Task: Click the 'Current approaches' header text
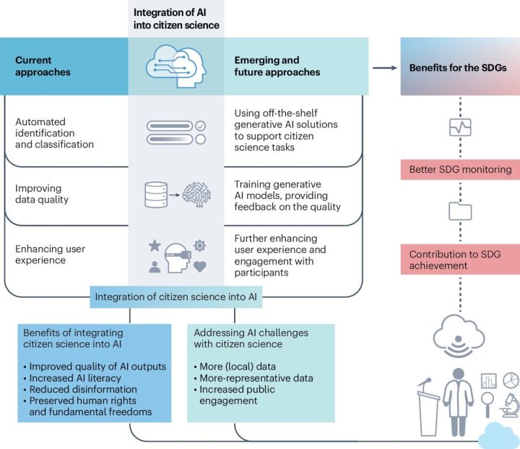click(x=43, y=66)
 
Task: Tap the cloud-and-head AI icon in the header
click(x=176, y=67)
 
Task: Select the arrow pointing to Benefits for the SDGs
click(x=385, y=68)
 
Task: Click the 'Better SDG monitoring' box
click(x=460, y=169)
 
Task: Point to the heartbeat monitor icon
click(x=460, y=127)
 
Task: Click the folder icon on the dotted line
click(x=460, y=211)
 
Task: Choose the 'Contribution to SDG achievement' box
click(x=460, y=260)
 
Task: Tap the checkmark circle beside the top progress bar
click(x=200, y=126)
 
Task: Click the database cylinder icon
click(x=156, y=194)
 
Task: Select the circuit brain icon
click(x=196, y=194)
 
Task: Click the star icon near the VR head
click(x=155, y=246)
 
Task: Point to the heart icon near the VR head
click(x=199, y=266)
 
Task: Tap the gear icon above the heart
click(x=199, y=246)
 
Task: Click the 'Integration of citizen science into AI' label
click(x=175, y=297)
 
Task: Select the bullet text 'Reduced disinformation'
click(x=83, y=389)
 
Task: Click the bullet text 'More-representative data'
click(x=256, y=378)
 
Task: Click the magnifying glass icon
click(x=487, y=404)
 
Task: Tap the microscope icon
click(x=510, y=405)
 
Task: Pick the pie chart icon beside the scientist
click(x=511, y=380)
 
